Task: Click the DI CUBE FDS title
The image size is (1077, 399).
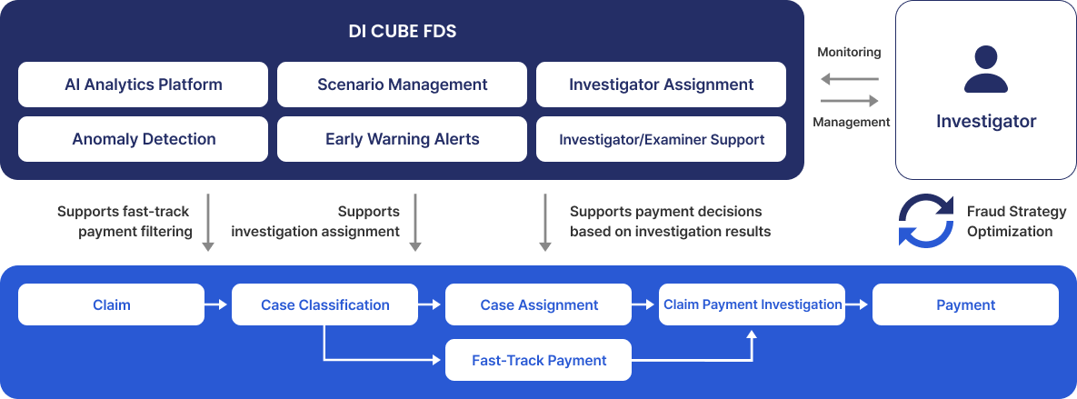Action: (402, 31)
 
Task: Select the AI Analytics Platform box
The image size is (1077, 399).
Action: (143, 85)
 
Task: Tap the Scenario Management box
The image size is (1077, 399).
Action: (402, 85)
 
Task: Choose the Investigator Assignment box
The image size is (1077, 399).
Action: (661, 85)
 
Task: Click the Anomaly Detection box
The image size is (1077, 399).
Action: (143, 139)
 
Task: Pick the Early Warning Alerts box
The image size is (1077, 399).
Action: (402, 139)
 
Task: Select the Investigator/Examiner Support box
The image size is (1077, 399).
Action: (661, 139)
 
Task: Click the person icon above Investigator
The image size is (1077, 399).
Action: (985, 69)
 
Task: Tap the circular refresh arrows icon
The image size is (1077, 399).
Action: (926, 221)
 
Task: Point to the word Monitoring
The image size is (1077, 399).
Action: (849, 52)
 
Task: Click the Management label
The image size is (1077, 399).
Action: (851, 122)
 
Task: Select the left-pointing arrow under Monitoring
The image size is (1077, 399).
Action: (850, 80)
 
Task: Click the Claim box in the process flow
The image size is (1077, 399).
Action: (111, 304)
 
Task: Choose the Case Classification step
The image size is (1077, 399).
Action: (324, 304)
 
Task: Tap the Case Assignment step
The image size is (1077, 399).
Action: (538, 304)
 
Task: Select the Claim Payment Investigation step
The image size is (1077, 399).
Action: (753, 304)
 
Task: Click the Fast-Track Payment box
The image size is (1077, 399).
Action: (538, 360)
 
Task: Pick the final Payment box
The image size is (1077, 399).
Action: (966, 304)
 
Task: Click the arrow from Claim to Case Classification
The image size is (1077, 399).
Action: (216, 304)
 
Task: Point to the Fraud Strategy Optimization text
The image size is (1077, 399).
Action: (1016, 221)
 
